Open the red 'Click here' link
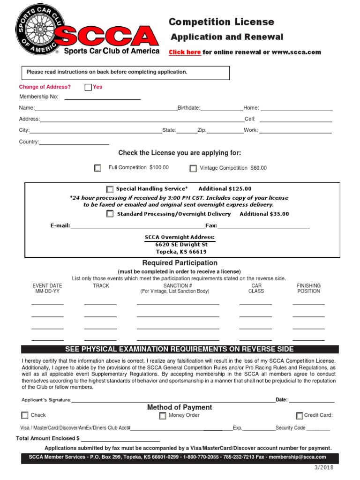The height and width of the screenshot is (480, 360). [x=185, y=52]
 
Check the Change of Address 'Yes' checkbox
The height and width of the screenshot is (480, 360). [x=88, y=87]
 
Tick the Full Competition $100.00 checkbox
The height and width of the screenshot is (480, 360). [x=97, y=168]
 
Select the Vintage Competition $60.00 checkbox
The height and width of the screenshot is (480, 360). [x=193, y=168]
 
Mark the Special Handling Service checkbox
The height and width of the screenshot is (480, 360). [x=110, y=189]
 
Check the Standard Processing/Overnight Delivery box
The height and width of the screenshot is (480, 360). [x=110, y=214]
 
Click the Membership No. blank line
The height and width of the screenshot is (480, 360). [x=102, y=99]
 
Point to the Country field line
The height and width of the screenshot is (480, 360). [x=74, y=144]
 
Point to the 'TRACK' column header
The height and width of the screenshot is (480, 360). [x=101, y=285]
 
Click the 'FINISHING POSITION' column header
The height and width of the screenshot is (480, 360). [x=308, y=288]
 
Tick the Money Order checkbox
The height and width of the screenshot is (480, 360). [x=162, y=416]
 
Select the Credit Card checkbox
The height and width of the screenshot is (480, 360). [x=300, y=416]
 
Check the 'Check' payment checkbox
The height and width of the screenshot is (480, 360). [x=25, y=415]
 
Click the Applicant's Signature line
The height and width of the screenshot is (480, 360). [x=173, y=402]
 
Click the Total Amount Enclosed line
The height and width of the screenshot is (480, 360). [x=120, y=441]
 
